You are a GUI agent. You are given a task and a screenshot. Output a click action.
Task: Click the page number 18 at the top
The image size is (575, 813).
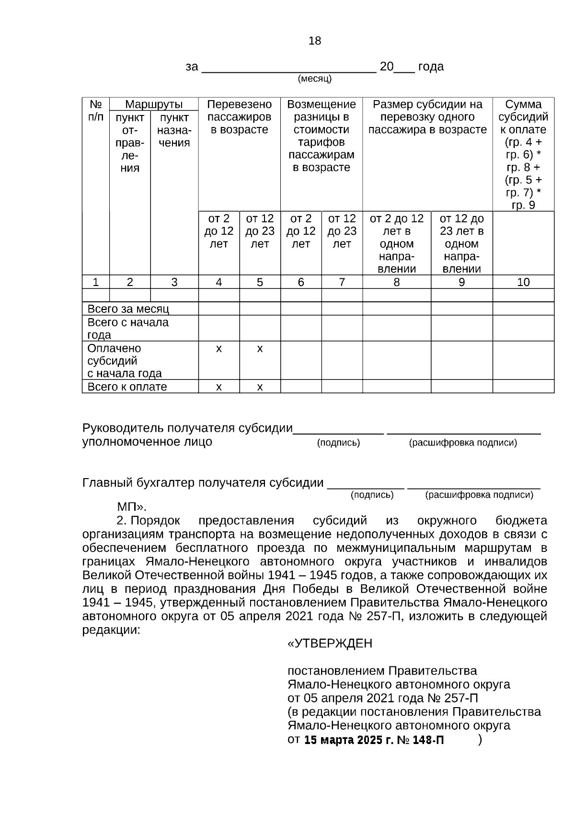315,41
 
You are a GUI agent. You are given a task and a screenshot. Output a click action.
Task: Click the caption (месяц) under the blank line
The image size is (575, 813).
315,79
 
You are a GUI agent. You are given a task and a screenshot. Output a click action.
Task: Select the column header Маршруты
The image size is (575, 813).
154,104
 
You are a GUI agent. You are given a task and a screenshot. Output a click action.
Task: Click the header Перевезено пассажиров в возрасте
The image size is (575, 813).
240,117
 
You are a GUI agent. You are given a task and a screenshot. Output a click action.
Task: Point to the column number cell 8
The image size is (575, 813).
396,282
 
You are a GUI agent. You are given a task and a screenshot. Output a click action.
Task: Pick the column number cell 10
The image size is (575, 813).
523,282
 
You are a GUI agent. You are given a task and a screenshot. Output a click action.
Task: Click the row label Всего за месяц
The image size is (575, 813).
128,309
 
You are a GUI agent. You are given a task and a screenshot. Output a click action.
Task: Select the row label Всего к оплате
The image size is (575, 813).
127,387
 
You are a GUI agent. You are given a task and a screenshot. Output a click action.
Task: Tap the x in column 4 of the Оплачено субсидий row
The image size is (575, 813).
219,349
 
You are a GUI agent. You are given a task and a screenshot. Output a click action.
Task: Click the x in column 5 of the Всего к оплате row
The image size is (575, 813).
260,387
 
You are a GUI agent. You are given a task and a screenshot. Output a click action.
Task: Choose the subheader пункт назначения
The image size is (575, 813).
174,130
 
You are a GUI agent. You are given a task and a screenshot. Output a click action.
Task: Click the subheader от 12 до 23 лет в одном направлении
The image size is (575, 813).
461,243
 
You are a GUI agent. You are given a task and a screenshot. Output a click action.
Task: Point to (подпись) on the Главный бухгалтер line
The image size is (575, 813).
372,495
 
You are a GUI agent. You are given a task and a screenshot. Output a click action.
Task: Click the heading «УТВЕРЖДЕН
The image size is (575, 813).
330,643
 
